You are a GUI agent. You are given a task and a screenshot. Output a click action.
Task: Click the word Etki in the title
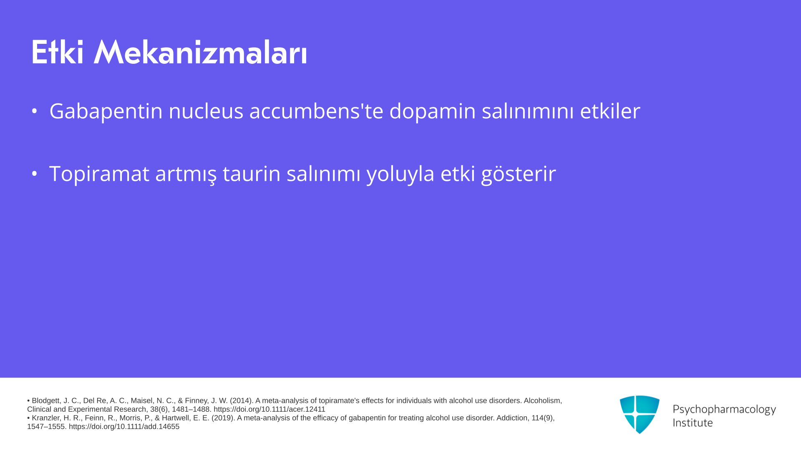pos(58,52)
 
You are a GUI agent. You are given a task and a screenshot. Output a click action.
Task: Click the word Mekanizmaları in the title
pos(200,52)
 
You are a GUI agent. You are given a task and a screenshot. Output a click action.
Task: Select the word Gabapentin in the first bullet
pos(106,111)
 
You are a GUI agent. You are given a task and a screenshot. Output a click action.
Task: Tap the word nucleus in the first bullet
pos(206,111)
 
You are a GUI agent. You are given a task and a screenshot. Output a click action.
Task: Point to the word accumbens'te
pos(316,111)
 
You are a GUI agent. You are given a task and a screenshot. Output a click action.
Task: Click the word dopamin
pos(433,111)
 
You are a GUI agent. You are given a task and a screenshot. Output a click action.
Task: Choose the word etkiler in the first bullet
pos(610,111)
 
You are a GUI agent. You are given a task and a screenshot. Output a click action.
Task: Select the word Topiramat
pos(99,174)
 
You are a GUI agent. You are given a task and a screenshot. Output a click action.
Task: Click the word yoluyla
pos(400,174)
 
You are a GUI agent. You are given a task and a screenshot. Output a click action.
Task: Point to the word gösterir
pos(519,174)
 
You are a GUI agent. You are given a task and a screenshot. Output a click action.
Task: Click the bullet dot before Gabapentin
pos(35,111)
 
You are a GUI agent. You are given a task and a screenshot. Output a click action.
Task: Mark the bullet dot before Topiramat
pos(35,174)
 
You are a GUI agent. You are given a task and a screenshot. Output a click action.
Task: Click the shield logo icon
pos(640,414)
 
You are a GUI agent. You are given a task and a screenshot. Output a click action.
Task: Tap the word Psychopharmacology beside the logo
pos(724,410)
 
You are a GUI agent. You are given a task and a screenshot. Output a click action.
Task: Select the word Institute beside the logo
pos(693,423)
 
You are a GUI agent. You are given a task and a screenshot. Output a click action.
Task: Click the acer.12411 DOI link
pos(270,409)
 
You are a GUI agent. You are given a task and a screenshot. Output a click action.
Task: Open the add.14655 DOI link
pos(124,426)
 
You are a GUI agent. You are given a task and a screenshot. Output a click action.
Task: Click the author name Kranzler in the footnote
pos(46,418)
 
